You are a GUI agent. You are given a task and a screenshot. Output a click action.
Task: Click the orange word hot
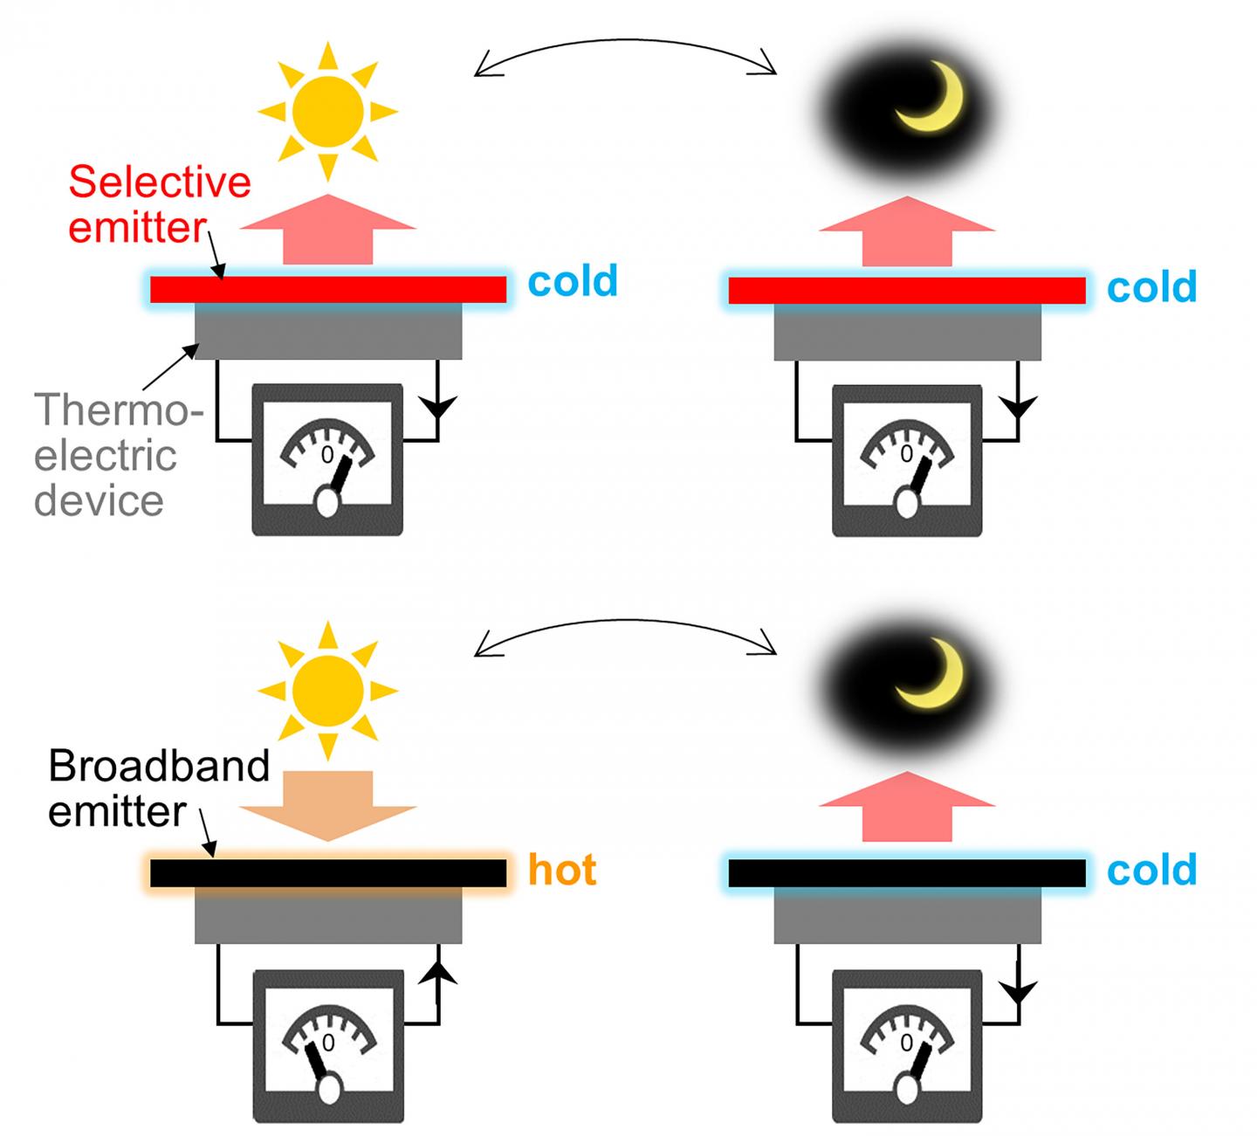[x=562, y=870]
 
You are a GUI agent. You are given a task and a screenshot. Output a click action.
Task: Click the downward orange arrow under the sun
[x=327, y=805]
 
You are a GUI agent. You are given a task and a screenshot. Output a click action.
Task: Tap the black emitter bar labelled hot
[x=327, y=873]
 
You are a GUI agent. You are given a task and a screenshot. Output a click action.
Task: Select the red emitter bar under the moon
[x=906, y=291]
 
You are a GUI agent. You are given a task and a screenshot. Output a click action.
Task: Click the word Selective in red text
[x=160, y=182]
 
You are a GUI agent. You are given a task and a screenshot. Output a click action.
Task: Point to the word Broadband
[x=159, y=766]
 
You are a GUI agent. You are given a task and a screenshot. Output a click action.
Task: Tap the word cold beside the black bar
[x=1151, y=870]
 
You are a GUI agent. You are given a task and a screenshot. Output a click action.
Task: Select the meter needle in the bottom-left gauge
[x=317, y=1059]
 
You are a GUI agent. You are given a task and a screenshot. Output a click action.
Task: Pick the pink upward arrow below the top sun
[x=327, y=229]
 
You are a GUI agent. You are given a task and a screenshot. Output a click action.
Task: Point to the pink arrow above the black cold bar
[x=907, y=807]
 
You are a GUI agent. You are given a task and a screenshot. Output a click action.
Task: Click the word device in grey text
[x=99, y=500]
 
